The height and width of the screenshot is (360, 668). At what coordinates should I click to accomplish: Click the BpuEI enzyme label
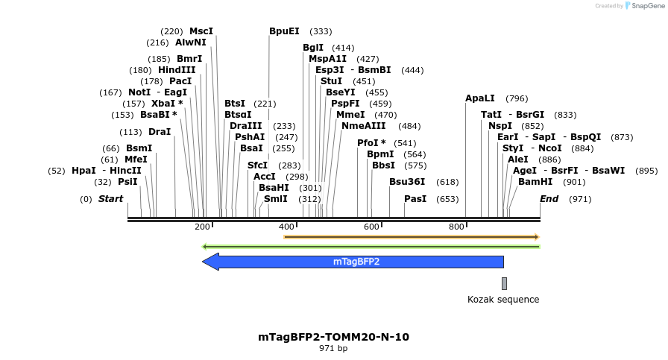pyautogui.click(x=284, y=31)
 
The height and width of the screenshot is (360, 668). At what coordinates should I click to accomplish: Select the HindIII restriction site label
pyautogui.click(x=177, y=70)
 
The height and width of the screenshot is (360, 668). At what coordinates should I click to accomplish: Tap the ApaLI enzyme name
pyautogui.click(x=480, y=98)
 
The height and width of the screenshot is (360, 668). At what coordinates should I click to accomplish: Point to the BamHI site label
pyautogui.click(x=536, y=182)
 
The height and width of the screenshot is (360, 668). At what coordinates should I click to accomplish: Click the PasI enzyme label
pyautogui.click(x=415, y=199)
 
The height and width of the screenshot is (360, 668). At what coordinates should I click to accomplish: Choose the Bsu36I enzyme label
pyautogui.click(x=407, y=182)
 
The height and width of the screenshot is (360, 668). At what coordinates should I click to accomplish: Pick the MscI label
pyautogui.click(x=201, y=31)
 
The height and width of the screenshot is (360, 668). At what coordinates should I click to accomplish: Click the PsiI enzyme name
pyautogui.click(x=127, y=182)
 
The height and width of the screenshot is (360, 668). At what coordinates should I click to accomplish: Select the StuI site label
pyautogui.click(x=332, y=81)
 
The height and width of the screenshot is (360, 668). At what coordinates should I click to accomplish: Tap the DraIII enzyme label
pyautogui.click(x=246, y=126)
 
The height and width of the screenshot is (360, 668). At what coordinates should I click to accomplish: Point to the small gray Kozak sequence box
pyautogui.click(x=504, y=283)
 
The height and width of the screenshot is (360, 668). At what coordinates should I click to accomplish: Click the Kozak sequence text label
pyautogui.click(x=503, y=300)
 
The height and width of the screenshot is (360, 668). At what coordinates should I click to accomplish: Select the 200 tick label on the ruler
pyautogui.click(x=202, y=227)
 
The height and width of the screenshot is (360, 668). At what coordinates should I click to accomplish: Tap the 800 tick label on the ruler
pyautogui.click(x=456, y=227)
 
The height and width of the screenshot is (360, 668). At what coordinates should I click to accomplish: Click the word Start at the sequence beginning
pyautogui.click(x=110, y=199)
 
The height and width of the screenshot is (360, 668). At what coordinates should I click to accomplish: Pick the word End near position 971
pyautogui.click(x=549, y=199)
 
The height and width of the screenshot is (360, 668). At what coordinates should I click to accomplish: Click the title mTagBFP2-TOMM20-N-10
pyautogui.click(x=333, y=337)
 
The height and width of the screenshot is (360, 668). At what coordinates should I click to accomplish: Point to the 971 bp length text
pyautogui.click(x=333, y=348)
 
